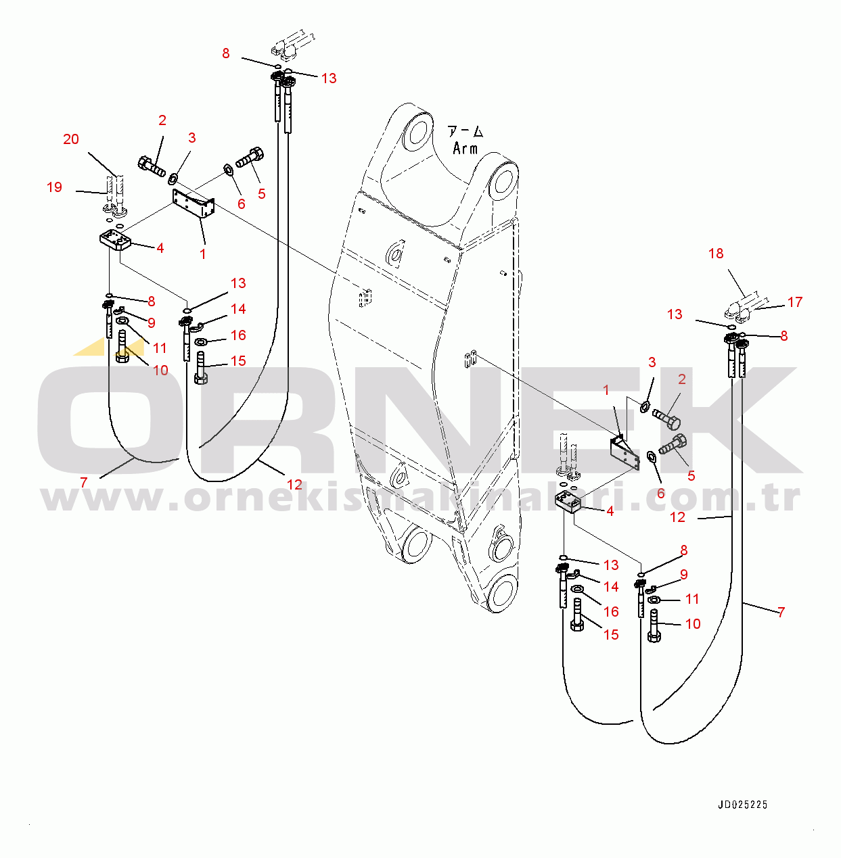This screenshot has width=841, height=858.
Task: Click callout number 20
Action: pyautogui.click(x=71, y=139)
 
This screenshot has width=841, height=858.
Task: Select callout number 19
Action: pyautogui.click(x=54, y=187)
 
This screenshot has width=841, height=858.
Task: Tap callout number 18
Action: pyautogui.click(x=716, y=254)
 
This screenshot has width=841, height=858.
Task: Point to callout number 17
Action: pyautogui.click(x=795, y=302)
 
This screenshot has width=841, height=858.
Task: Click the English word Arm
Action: pyautogui.click(x=465, y=148)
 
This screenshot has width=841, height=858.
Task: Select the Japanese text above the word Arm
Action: pyautogui.click(x=465, y=131)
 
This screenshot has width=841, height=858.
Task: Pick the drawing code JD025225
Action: pyautogui.click(x=742, y=805)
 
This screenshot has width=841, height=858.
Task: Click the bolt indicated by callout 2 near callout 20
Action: pyautogui.click(x=152, y=166)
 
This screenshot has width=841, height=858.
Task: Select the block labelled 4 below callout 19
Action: pyautogui.click(x=116, y=241)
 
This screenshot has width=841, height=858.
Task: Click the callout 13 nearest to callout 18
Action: pyautogui.click(x=675, y=314)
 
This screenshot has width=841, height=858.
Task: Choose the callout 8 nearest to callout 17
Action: pyautogui.click(x=783, y=336)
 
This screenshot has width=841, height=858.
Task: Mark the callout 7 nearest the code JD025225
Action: pyautogui.click(x=781, y=613)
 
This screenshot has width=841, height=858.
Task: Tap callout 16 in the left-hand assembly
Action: pyautogui.click(x=238, y=335)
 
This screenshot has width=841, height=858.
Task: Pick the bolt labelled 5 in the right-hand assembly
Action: pyautogui.click(x=672, y=446)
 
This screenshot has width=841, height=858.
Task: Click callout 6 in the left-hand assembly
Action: pyautogui.click(x=241, y=204)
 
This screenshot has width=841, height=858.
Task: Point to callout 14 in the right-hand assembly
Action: pyautogui.click(x=611, y=587)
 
